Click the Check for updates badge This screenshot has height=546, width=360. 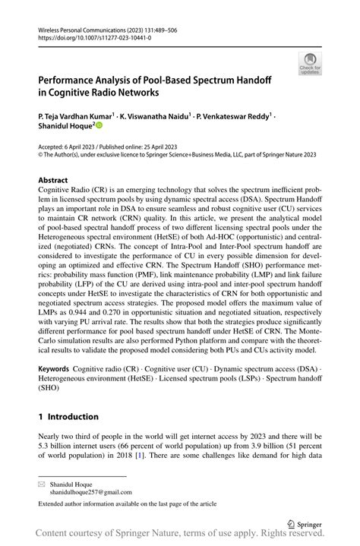[310, 63]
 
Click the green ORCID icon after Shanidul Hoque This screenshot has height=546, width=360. [98, 128]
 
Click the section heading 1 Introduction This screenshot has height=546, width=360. [68, 416]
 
